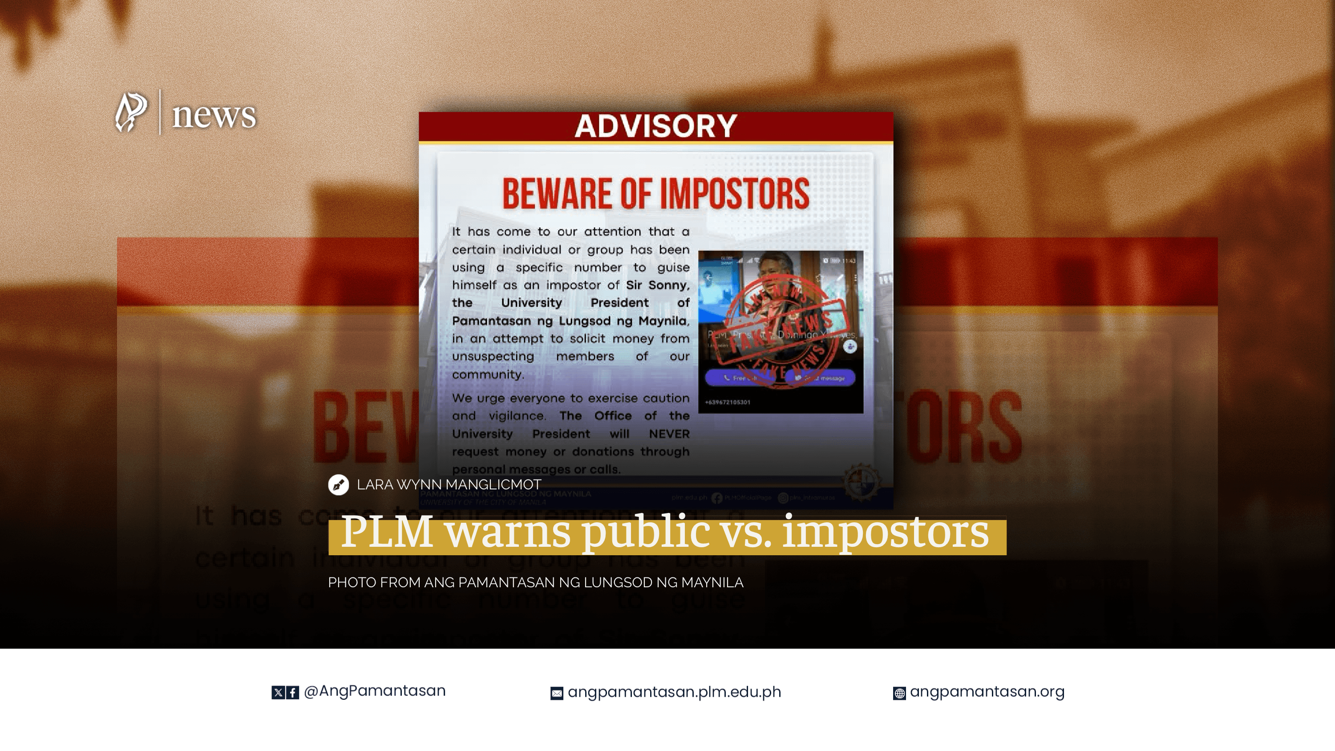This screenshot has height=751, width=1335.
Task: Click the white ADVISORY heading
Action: (655, 126)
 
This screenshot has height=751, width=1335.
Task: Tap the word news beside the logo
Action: (214, 115)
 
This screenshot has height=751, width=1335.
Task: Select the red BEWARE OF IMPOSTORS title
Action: (655, 194)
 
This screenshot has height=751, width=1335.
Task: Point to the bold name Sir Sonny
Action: (657, 285)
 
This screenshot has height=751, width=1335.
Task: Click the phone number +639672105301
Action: (727, 402)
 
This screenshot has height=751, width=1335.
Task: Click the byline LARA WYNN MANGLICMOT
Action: (449, 485)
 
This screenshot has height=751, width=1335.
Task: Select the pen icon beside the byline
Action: (338, 485)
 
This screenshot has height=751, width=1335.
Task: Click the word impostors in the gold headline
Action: (885, 532)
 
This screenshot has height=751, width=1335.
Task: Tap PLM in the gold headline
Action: (387, 532)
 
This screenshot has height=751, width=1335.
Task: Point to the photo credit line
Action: (535, 582)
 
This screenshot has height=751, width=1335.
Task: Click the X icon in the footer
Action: (278, 692)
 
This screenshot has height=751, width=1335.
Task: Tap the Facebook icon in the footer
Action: (293, 692)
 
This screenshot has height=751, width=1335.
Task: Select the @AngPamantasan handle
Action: (374, 691)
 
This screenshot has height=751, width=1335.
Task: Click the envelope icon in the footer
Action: (557, 694)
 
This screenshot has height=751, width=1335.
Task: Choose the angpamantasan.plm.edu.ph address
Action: (674, 692)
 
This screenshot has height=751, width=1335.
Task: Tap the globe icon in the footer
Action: (899, 694)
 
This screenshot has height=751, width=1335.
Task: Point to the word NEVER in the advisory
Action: (669, 434)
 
